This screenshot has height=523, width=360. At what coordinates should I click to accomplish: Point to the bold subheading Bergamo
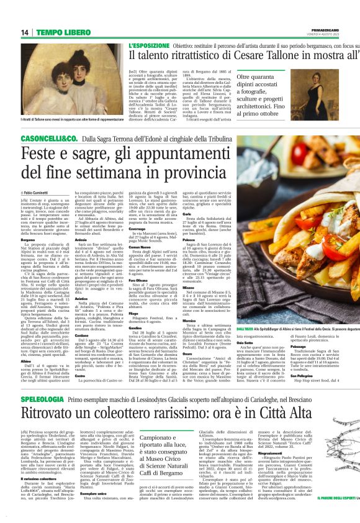pos(29,239)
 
